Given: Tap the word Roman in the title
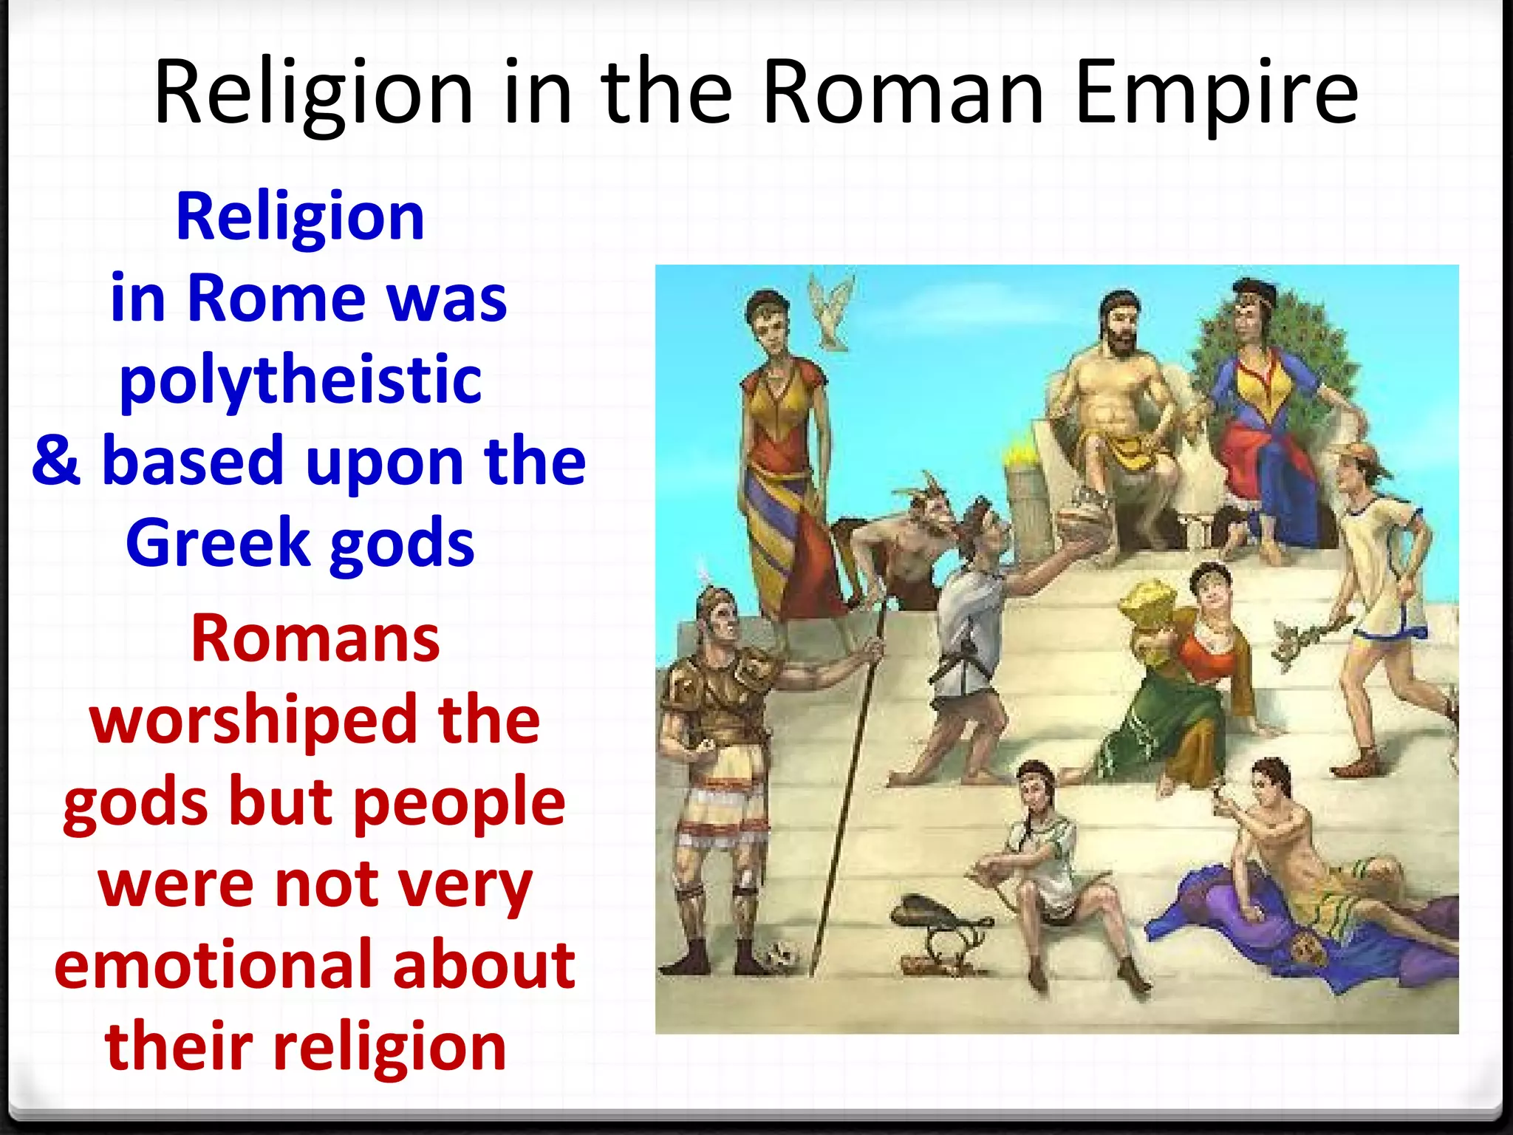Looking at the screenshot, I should click(x=903, y=94).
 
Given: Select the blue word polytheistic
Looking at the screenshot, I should click(x=301, y=380).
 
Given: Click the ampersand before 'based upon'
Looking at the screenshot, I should click(x=56, y=461).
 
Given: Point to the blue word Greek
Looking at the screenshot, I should click(x=218, y=543).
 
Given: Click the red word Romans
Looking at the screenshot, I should click(x=315, y=639).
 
